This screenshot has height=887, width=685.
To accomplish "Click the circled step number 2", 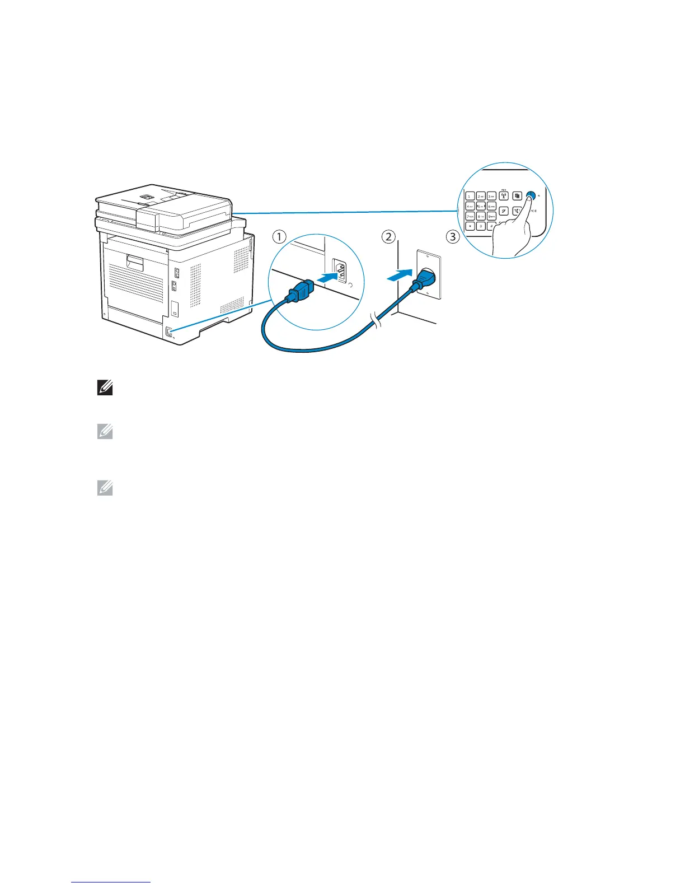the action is [388, 237].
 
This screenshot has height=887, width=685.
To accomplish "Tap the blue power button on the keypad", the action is [531, 196].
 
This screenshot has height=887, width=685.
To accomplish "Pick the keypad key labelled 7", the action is [470, 216].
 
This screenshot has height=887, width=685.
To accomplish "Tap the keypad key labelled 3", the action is [491, 196].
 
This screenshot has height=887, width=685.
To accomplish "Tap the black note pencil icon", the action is [105, 388].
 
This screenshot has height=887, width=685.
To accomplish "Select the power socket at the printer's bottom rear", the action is [168, 332].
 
